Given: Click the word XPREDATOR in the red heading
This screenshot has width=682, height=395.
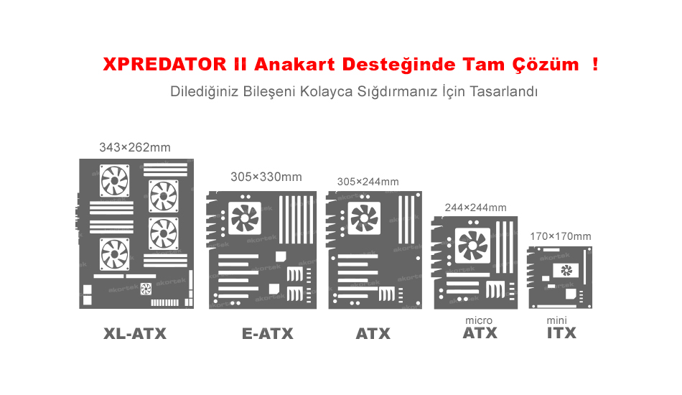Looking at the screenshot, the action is click(x=165, y=65).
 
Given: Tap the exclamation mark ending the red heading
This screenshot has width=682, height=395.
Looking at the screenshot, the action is click(x=595, y=64).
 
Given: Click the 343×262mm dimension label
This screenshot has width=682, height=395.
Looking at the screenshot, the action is click(x=135, y=147).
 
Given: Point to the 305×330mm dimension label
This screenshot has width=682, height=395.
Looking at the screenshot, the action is click(x=266, y=177).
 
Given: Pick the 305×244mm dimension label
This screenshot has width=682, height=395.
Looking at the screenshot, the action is click(x=368, y=182).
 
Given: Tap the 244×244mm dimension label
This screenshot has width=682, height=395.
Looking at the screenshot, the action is click(x=475, y=208).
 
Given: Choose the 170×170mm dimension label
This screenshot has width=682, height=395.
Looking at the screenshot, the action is click(x=561, y=236).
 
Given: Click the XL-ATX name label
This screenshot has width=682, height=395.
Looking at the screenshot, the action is click(x=135, y=334).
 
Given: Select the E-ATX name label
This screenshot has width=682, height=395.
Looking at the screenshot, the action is click(x=268, y=334).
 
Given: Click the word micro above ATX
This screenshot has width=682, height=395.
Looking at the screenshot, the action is click(x=479, y=320).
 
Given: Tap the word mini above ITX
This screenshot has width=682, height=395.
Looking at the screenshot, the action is click(x=557, y=320).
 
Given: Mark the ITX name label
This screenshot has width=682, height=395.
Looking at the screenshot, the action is click(x=561, y=333).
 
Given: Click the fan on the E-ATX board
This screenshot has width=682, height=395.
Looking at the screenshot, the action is click(x=245, y=218).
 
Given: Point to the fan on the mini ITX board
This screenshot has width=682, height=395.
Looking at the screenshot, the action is click(x=566, y=271).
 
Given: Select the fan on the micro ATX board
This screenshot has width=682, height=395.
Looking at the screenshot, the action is click(x=472, y=246).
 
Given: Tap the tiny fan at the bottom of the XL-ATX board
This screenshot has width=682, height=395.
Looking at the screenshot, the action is click(x=146, y=289).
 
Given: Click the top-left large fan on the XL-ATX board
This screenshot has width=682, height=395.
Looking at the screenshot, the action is click(x=114, y=180).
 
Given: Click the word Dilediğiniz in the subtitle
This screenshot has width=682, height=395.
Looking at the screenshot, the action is click(x=204, y=91).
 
